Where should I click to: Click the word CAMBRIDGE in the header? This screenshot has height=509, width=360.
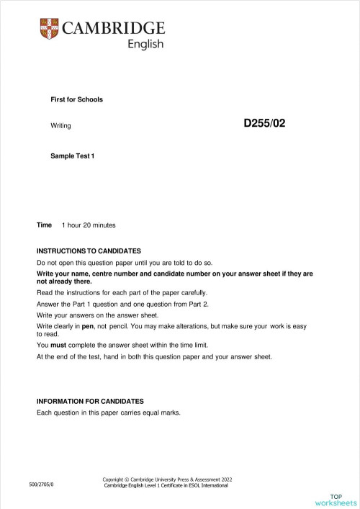pyautogui.click(x=114, y=28)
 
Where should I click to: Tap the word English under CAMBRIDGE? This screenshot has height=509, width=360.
pyautogui.click(x=145, y=45)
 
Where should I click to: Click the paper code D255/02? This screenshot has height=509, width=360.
pyautogui.click(x=264, y=123)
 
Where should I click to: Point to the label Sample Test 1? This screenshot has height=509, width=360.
pyautogui.click(x=73, y=156)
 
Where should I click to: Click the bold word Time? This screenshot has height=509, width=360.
pyautogui.click(x=45, y=225)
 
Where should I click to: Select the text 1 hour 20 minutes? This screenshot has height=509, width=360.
pyautogui.click(x=89, y=225)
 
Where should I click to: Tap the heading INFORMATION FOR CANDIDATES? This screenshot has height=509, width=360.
pyautogui.click(x=90, y=401)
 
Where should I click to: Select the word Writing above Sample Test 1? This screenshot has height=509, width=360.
pyautogui.click(x=61, y=126)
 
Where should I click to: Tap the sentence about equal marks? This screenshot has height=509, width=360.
pyautogui.click(x=108, y=413)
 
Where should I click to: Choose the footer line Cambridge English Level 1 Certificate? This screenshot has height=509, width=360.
pyautogui.click(x=166, y=486)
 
